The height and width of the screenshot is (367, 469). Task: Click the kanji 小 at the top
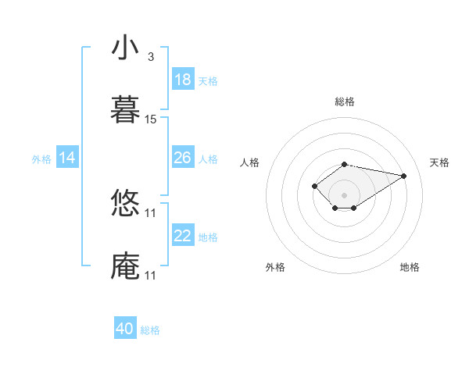pyautogui.click(x=126, y=48)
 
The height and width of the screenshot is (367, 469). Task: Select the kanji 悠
pyautogui.click(x=126, y=205)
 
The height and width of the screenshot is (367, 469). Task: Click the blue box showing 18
pyautogui.click(x=183, y=80)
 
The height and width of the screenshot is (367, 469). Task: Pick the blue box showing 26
pyautogui.click(x=183, y=158)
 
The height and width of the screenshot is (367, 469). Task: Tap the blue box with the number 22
pyautogui.click(x=183, y=236)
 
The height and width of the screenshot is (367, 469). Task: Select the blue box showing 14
pyautogui.click(x=67, y=158)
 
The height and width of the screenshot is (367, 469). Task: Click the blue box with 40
pyautogui.click(x=125, y=329)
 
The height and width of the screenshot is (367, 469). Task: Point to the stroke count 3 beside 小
pyautogui.click(x=151, y=57)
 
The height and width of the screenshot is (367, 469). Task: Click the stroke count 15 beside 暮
pyautogui.click(x=151, y=119)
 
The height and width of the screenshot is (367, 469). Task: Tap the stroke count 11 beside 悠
pyautogui.click(x=151, y=213)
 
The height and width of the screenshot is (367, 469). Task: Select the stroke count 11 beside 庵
pyautogui.click(x=151, y=276)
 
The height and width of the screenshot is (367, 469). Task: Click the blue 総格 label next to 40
pyautogui.click(x=151, y=330)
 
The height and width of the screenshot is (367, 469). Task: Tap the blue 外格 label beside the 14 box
pyautogui.click(x=41, y=159)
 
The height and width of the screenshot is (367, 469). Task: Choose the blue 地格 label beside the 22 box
pyautogui.click(x=208, y=237)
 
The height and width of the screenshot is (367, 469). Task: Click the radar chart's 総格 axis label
pyautogui.click(x=345, y=102)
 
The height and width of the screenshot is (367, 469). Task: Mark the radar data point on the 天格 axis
pyautogui.click(x=404, y=175)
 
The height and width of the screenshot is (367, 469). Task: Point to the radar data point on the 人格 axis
pyautogui.click(x=314, y=186)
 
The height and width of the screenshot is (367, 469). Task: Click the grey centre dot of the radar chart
pyautogui.click(x=345, y=194)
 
